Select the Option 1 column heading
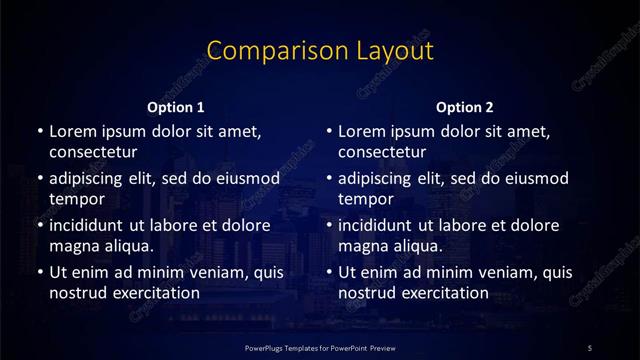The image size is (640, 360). point(176,107)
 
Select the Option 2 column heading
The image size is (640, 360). point(465,107)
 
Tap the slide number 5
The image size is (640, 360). point(590,346)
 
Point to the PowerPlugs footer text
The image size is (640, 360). point(320,346)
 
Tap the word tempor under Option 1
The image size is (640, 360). point(74,199)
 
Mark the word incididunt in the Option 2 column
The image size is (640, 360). point(378,225)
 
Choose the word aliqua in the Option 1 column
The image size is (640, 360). point(127,246)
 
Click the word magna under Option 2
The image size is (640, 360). point(361,246)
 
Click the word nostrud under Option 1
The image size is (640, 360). point(76,293)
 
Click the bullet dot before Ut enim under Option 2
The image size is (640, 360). point(329,272)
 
